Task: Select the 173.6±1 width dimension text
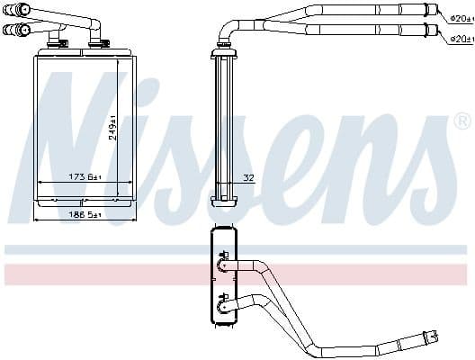[87, 177]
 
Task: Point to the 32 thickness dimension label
[249, 177]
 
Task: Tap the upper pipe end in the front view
[13, 10]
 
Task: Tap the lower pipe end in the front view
[12, 29]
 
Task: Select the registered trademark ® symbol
[462, 121]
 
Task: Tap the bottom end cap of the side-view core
[222, 200]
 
